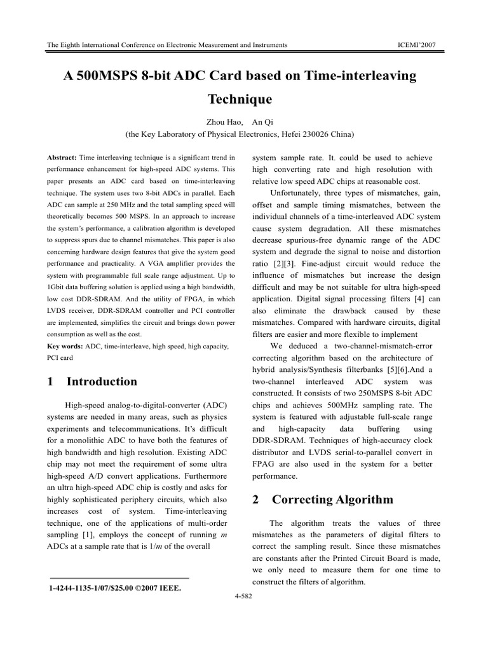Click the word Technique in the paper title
[x=240, y=99]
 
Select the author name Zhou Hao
[x=219, y=122]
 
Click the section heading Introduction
[x=101, y=381]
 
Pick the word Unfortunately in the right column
[x=300, y=193]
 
